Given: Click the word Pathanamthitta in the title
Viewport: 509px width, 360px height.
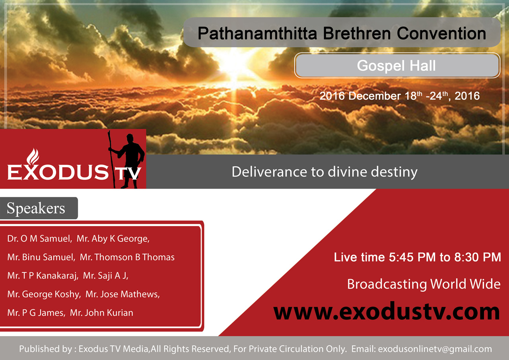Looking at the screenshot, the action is [x=257, y=33].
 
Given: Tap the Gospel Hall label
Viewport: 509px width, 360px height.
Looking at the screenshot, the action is [x=396, y=66].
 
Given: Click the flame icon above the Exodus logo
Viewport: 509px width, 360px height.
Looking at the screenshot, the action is [x=33, y=157].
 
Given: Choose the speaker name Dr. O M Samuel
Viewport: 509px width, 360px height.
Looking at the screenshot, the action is [x=39, y=239].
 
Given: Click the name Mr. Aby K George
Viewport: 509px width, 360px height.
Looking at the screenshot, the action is [x=113, y=239].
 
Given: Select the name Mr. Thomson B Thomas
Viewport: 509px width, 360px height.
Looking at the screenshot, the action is [x=127, y=257].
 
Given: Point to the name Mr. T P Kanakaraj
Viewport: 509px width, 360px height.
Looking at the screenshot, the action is [x=43, y=276].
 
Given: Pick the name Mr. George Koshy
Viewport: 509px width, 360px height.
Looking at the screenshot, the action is [x=44, y=294].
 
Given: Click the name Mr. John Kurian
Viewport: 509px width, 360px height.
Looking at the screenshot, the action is [x=101, y=313].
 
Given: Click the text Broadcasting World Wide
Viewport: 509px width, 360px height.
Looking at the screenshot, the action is [x=424, y=284].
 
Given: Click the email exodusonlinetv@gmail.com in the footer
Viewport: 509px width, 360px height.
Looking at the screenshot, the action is [x=435, y=349].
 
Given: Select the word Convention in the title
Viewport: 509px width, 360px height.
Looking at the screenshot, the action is [x=441, y=33].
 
